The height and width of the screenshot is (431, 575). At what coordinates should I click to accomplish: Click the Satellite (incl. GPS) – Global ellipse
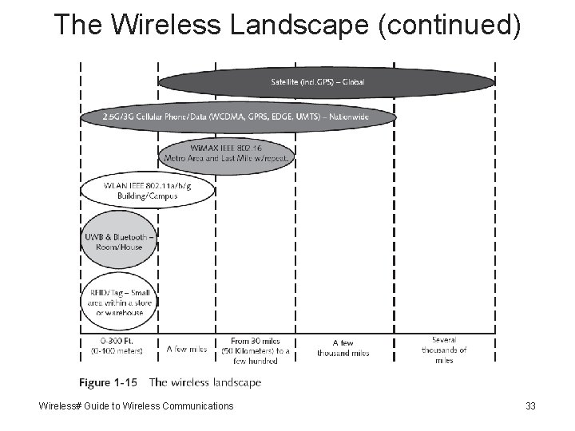point(327,82)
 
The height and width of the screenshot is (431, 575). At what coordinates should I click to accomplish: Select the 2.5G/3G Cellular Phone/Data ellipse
point(239,117)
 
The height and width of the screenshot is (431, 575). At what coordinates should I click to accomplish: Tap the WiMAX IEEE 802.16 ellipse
point(227,153)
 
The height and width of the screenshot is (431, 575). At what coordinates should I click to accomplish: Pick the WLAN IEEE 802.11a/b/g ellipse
point(148,189)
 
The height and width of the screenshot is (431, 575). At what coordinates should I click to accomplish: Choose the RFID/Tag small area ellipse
point(118,302)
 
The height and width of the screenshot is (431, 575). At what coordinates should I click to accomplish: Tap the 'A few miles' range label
point(187,349)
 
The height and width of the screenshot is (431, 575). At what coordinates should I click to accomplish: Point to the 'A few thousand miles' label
point(343,348)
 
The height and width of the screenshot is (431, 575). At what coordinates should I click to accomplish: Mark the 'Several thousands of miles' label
point(444,349)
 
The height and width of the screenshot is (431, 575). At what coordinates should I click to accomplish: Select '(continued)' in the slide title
point(452,26)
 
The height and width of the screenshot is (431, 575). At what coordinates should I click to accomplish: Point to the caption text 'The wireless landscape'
point(205,383)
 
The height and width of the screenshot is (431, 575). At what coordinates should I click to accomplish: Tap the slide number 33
point(530,407)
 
